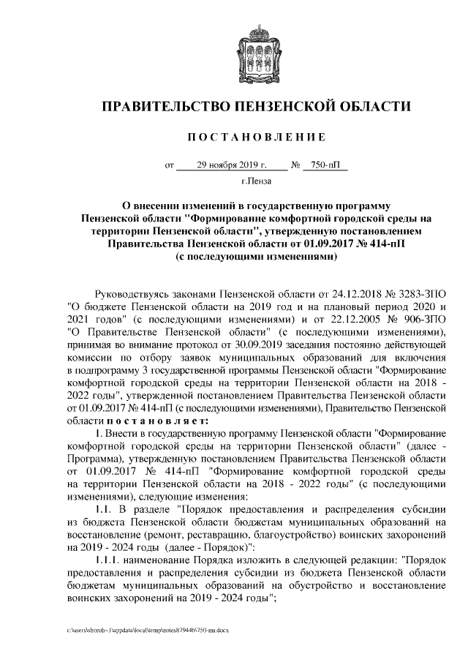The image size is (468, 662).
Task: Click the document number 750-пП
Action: (x=325, y=165)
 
